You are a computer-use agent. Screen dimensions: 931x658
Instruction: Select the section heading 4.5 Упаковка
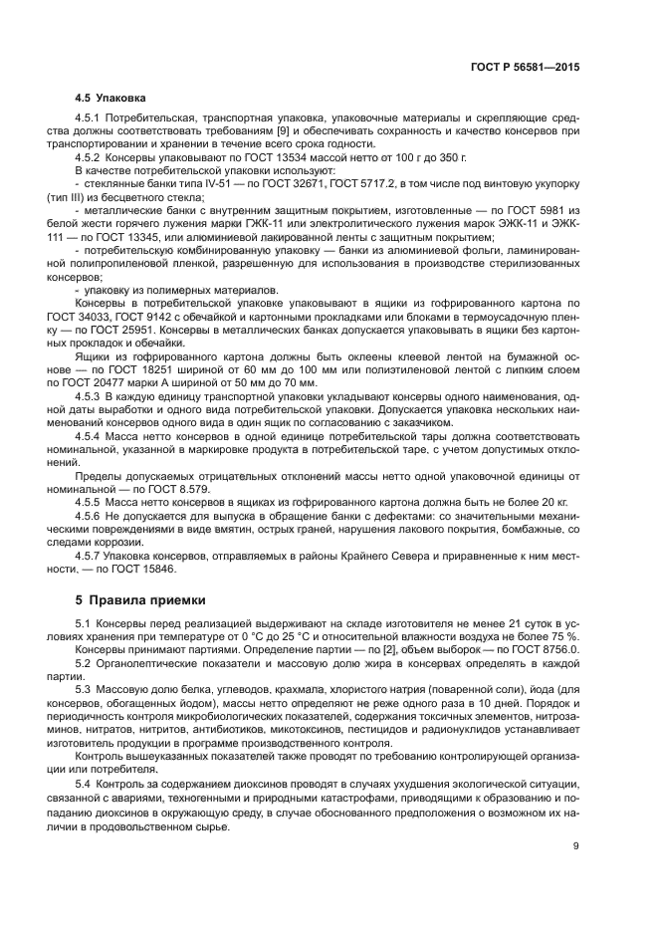[x=110, y=99]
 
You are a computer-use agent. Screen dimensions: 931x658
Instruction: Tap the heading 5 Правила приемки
[x=141, y=600]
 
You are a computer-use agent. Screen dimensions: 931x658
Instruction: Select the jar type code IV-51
[x=193, y=183]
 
